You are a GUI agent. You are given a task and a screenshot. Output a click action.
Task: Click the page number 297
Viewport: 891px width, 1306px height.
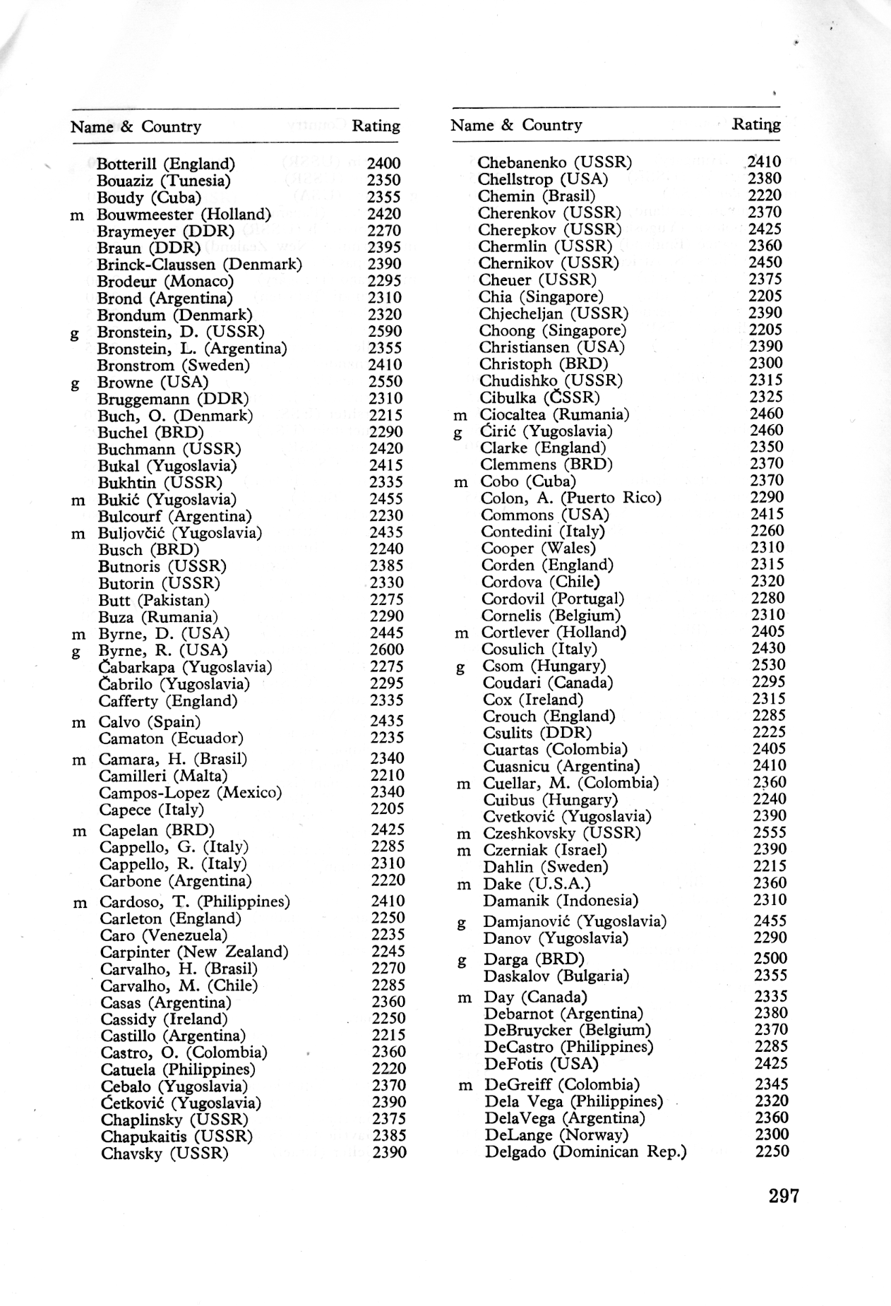pos(784,1195)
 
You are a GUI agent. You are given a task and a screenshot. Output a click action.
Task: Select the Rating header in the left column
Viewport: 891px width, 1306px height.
pos(376,126)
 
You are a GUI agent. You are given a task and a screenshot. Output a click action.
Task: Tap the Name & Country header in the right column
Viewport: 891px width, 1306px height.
pos(516,125)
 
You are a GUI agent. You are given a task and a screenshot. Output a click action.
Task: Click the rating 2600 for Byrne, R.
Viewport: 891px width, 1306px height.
pos(387,649)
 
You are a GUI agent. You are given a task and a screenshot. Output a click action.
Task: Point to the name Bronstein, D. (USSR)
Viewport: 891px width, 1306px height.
pos(181,331)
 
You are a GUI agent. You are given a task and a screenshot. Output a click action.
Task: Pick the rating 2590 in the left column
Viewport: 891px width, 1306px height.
pos(385,331)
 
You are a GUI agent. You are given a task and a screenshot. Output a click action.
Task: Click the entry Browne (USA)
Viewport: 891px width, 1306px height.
pos(153,382)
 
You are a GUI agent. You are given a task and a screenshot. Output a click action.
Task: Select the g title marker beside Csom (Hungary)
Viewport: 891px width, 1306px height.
pos(460,667)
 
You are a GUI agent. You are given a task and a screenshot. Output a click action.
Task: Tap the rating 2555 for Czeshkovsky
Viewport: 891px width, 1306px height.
pos(769,832)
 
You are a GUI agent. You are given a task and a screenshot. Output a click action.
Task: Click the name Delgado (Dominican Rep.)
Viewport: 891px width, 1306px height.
pos(585,1151)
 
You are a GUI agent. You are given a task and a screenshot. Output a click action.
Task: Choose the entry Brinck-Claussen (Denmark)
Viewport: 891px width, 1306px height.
pos(199,264)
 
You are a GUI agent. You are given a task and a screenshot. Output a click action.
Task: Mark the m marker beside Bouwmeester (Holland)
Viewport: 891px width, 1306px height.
pos(77,215)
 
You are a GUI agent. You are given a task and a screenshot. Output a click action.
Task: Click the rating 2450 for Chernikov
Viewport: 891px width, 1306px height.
pos(765,263)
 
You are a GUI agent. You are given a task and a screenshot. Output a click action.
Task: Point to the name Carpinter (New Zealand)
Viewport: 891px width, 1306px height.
pos(194,952)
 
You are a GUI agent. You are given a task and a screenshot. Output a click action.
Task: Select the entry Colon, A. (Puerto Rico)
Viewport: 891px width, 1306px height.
pos(571,498)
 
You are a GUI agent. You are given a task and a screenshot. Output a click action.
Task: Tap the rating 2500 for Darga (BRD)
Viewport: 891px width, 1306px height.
pos(771,958)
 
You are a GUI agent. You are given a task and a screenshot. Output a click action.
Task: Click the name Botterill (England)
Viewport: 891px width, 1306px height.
pos(166,164)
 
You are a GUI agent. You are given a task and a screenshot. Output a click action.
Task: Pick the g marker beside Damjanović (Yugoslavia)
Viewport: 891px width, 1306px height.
pos(461,923)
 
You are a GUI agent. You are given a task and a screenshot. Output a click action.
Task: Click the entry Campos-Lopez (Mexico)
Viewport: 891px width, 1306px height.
pos(190,792)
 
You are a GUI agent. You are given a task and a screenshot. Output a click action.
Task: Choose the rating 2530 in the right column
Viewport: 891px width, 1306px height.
pos(768,665)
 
